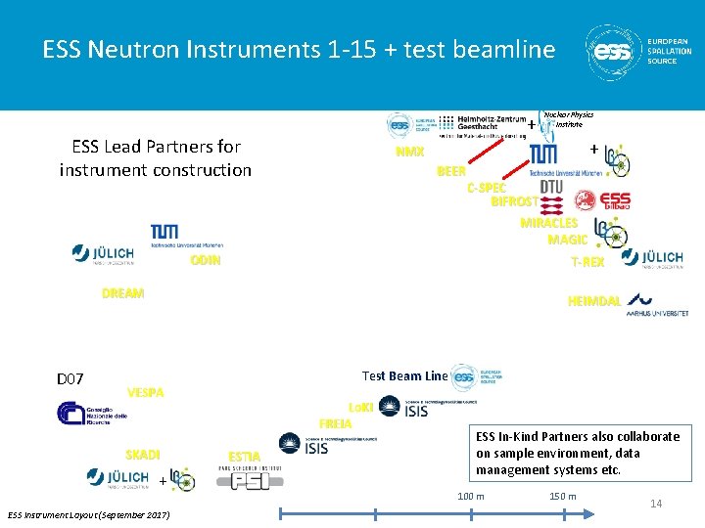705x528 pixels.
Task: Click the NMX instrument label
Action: pyautogui.click(x=409, y=153)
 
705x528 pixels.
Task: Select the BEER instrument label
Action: pyautogui.click(x=451, y=171)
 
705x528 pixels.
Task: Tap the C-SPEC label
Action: pyautogui.click(x=487, y=187)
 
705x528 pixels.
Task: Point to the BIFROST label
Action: pyautogui.click(x=514, y=201)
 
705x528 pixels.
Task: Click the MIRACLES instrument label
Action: pyautogui.click(x=548, y=223)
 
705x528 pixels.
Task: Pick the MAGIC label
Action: pyautogui.click(x=567, y=240)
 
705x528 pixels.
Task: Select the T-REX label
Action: pyautogui.click(x=587, y=262)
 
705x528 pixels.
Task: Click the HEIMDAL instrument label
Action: pyautogui.click(x=593, y=301)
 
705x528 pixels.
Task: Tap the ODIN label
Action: pyautogui.click(x=206, y=260)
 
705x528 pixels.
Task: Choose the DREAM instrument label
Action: pyautogui.click(x=122, y=293)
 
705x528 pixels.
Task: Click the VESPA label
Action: pyautogui.click(x=146, y=393)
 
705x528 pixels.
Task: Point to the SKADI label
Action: pyautogui.click(x=143, y=454)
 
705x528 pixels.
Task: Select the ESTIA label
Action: pyautogui.click(x=244, y=457)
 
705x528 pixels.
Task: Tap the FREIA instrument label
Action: pyautogui.click(x=336, y=423)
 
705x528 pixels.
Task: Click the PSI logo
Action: pyautogui.click(x=251, y=477)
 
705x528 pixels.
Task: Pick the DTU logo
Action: pyautogui.click(x=551, y=187)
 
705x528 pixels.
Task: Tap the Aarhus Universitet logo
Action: pyautogui.click(x=657, y=304)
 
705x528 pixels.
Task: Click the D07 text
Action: pyautogui.click(x=70, y=378)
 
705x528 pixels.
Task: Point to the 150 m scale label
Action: pyautogui.click(x=563, y=496)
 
